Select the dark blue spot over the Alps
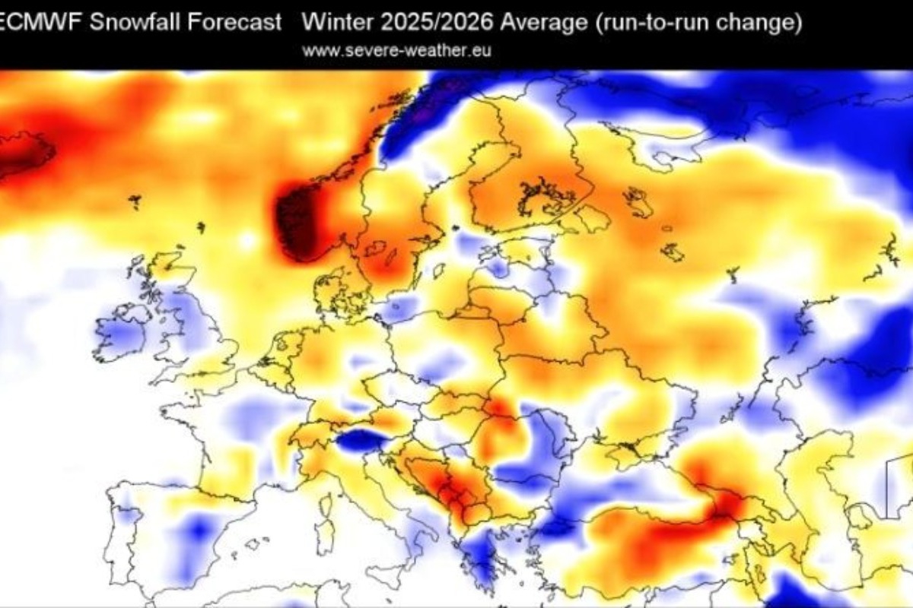[x=361, y=440]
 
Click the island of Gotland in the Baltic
[x=439, y=270]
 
